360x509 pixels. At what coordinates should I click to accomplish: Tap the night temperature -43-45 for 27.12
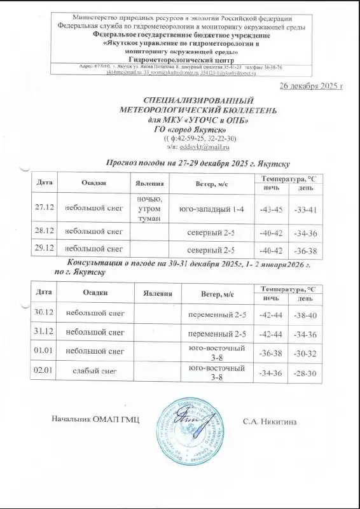pyautogui.click(x=271, y=209)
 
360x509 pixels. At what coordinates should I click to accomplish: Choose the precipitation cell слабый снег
pyautogui.click(x=94, y=372)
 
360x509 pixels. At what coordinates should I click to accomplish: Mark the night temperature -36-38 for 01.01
pyautogui.click(x=271, y=352)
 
